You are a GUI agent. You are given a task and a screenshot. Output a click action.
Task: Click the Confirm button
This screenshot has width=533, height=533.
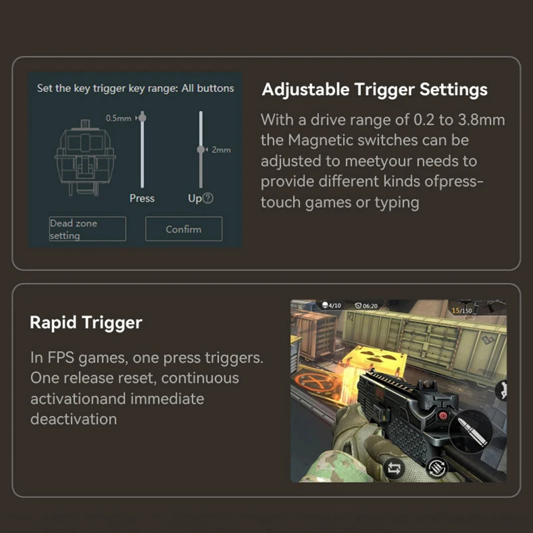[184, 229]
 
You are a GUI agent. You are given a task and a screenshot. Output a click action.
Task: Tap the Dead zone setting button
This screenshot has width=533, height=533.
[87, 229]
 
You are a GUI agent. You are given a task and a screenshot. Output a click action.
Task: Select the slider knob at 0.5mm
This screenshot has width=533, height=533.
[143, 118]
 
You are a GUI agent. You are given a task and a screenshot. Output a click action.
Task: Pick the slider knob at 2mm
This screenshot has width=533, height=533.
[201, 149]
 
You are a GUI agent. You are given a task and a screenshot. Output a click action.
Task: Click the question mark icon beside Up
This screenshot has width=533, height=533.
[208, 198]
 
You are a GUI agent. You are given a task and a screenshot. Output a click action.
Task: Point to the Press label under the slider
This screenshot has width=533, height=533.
[142, 198]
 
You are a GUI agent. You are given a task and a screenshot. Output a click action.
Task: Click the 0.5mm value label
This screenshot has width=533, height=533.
[119, 118]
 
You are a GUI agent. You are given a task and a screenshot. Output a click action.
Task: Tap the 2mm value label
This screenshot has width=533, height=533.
[221, 149]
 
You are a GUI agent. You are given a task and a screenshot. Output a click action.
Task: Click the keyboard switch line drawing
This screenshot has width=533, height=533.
[85, 158]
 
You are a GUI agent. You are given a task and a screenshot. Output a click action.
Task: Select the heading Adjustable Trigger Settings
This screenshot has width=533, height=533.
[374, 90]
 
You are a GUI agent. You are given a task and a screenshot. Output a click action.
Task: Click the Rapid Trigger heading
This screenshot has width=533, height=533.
[86, 322]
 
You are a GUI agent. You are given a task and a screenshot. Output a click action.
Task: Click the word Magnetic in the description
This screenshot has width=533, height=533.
[319, 140]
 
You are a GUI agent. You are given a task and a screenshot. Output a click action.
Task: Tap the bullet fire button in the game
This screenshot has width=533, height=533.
[471, 431]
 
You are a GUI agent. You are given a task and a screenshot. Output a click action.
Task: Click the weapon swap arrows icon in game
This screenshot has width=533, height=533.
[394, 469]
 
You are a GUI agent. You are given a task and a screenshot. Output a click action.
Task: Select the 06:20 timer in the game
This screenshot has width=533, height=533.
[366, 306]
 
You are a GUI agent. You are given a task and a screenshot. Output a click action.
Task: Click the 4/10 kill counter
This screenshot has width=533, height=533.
[331, 305]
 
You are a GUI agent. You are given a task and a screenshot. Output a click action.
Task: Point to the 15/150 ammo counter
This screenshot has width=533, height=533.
[462, 310]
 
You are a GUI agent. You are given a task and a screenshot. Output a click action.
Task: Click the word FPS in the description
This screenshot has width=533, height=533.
[61, 358]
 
